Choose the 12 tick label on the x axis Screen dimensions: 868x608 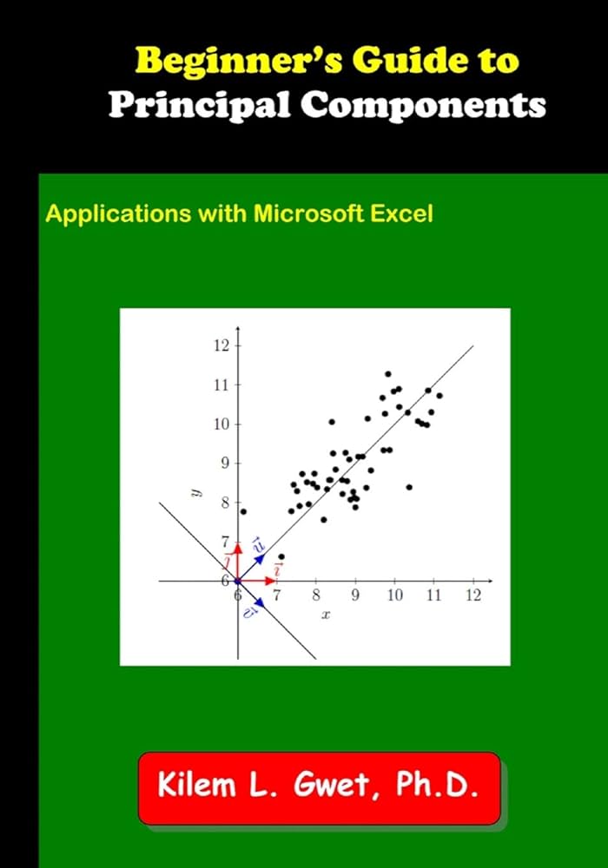click(x=473, y=595)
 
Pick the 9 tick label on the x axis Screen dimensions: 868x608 click(x=355, y=595)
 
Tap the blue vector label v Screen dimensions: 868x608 click(x=249, y=612)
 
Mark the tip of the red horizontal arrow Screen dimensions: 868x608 click(x=275, y=580)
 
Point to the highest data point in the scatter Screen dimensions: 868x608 click(x=388, y=374)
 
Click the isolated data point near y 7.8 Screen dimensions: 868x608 click(x=243, y=511)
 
